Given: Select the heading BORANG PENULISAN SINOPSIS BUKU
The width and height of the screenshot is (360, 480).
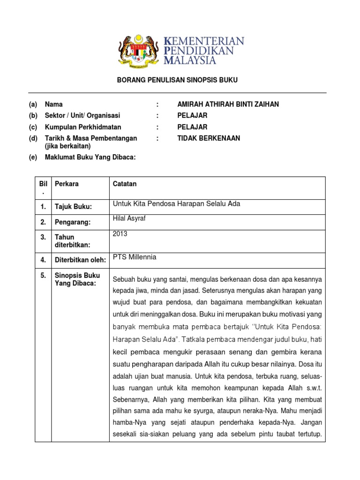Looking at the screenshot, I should point(177,80).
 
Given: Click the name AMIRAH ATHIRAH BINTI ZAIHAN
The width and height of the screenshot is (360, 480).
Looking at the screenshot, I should point(228,104).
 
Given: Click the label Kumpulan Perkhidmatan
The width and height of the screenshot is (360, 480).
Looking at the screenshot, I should point(83,127).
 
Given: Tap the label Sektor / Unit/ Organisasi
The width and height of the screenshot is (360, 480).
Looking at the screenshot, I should point(82,115).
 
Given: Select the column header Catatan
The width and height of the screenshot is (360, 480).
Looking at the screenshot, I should point(125,184).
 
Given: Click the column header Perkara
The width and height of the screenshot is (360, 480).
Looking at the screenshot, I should point(67,184).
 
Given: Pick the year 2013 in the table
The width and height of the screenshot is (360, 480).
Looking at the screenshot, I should point(120,234).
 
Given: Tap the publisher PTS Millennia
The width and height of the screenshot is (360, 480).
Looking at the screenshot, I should point(135,257).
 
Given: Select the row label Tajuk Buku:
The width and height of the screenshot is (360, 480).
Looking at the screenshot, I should point(73,207).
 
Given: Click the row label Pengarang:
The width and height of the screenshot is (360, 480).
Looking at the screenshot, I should point(73,222).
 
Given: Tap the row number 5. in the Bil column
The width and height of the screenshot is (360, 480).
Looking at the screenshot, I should point(43,276).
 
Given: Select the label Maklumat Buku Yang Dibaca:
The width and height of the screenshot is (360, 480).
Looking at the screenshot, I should point(90,157).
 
